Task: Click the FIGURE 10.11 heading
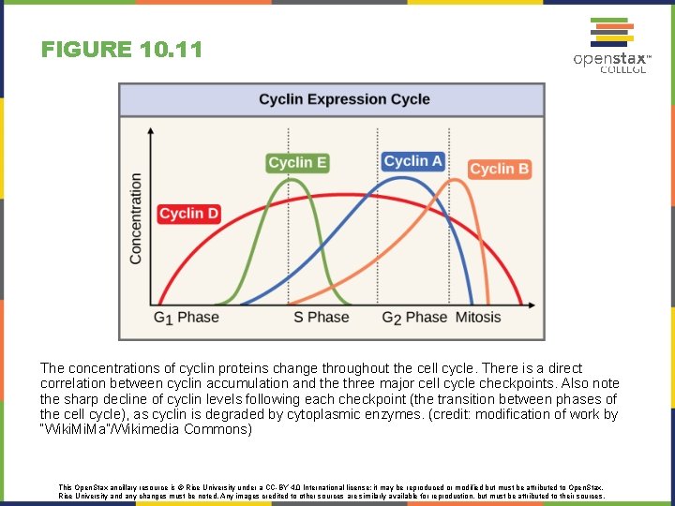[x=122, y=50]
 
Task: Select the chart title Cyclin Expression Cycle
[x=344, y=99]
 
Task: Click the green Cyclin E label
[x=297, y=162]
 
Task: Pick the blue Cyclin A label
[x=412, y=161]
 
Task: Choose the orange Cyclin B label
[x=499, y=169]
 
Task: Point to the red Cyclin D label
[x=188, y=214]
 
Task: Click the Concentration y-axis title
[x=137, y=217]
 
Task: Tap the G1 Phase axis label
[x=186, y=318]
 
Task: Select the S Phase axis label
[x=321, y=318]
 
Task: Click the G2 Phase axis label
[x=413, y=318]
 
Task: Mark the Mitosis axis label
[x=478, y=318]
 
